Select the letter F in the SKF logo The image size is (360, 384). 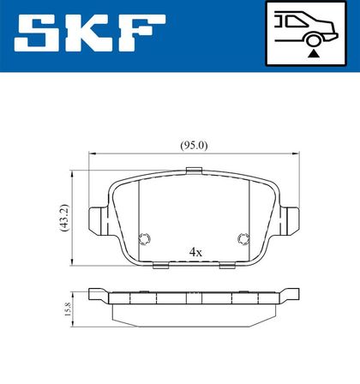point(142,33)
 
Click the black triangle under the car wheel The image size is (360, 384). point(314,53)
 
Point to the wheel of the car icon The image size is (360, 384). point(314,40)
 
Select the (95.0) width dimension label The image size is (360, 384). point(194,146)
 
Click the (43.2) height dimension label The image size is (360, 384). point(65,218)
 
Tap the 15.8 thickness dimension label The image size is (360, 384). point(68,309)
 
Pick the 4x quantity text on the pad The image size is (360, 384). point(195,252)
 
